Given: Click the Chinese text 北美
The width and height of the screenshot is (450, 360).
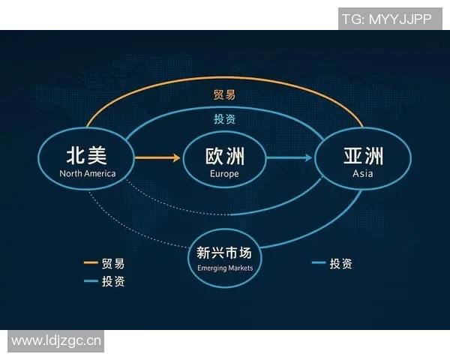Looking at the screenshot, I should tap(87, 155).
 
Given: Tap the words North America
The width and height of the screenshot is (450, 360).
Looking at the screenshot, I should tap(88, 174).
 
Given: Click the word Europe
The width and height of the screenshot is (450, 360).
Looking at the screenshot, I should tap(225, 174).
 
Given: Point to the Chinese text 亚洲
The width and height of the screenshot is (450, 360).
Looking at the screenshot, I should tap(363, 156).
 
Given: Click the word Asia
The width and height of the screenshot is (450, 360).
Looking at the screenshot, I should tap(363, 174).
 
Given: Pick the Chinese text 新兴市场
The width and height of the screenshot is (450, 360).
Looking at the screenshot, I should tap(225, 253).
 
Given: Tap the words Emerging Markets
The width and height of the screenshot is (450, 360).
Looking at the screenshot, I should tap(225, 268).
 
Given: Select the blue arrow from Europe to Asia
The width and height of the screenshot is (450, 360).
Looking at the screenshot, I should tap(289, 157).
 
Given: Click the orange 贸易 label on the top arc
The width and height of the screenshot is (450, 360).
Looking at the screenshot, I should tap(225, 95).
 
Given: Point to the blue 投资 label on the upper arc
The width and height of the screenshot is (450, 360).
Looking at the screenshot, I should tap(225, 119).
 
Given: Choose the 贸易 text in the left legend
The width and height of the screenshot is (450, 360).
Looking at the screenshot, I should tap(113, 263).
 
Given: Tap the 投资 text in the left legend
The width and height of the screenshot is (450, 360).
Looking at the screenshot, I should tap(113, 281).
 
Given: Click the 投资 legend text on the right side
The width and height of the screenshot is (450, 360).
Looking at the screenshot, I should tap(340, 263).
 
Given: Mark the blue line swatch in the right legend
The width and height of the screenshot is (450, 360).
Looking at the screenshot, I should tap(317, 263).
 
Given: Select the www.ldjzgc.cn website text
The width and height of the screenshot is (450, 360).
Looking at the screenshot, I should tap(56, 341).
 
